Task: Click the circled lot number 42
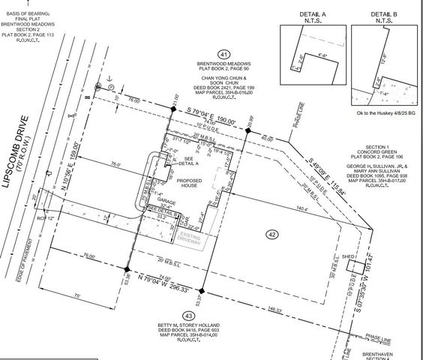pyautogui.click(x=271, y=235)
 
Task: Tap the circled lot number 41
pyautogui.click(x=223, y=54)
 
